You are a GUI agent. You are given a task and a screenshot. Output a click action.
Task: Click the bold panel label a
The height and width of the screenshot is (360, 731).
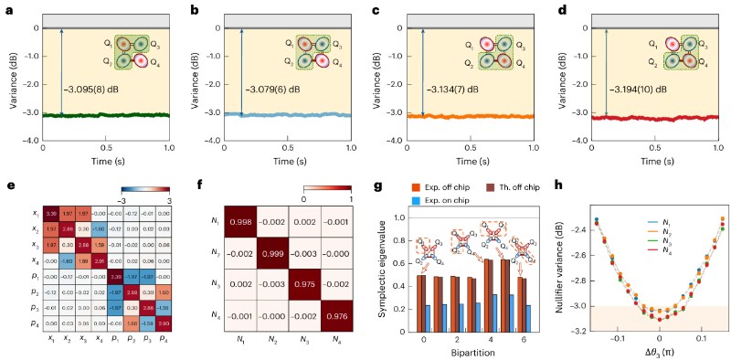pyautogui.click(x=6, y=8)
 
